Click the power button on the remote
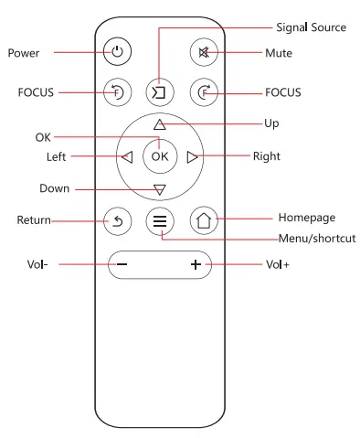[x=116, y=52]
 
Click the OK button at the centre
[x=160, y=156]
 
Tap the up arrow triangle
[x=160, y=123]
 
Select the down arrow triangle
[x=160, y=189]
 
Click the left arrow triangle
[x=127, y=156]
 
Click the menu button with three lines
[x=160, y=220]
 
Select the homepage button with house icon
[x=204, y=220]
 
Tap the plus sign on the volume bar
[x=195, y=265]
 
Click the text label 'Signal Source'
[x=312, y=27]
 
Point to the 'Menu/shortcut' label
[x=316, y=239]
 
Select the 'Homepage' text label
[x=306, y=218]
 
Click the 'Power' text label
[x=24, y=53]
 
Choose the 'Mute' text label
[x=279, y=53]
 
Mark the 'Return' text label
[x=34, y=220]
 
